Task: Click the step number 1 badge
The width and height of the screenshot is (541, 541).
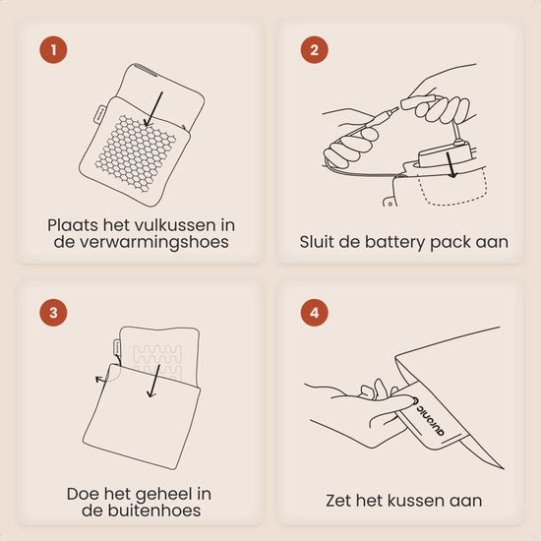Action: [x=53, y=50]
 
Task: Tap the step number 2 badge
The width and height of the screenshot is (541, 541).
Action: [x=314, y=50]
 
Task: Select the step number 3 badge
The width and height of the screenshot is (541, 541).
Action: [x=53, y=313]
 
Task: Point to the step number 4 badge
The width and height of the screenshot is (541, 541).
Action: [x=314, y=313]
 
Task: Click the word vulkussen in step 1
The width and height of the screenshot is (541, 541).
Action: [x=175, y=225]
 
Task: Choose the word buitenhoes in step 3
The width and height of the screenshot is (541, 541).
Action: [x=154, y=511]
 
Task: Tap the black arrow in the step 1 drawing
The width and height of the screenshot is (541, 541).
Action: [x=153, y=108]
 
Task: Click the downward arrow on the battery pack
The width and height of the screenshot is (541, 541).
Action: [x=451, y=165]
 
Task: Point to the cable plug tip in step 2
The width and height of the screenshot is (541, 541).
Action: [x=394, y=110]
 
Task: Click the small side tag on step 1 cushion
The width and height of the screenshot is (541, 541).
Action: [x=98, y=113]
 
